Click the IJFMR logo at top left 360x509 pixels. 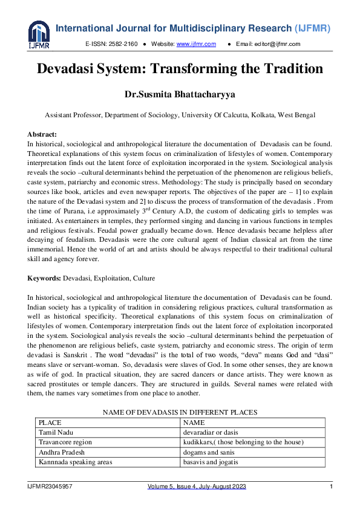coord(39,34)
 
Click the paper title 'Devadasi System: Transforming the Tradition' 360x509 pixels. coord(180,69)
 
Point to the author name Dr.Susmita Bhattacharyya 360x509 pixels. coord(180,95)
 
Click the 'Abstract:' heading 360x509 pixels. coord(42,134)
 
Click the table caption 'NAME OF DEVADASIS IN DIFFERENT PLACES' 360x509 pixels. coord(180,412)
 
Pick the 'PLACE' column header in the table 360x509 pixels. coord(50,423)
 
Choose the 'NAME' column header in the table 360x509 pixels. coord(194,423)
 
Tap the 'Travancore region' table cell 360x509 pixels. coord(66,443)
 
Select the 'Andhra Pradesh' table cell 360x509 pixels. coord(62,452)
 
